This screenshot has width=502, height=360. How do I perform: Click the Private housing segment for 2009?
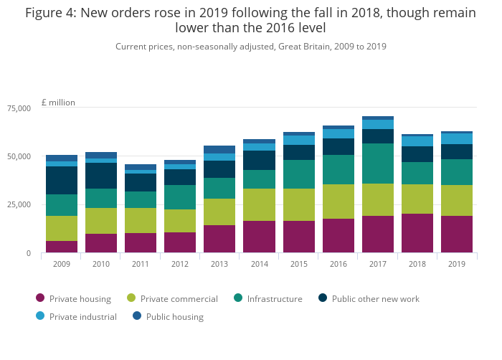click(x=62, y=247)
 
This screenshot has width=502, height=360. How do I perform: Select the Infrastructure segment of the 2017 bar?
click(x=378, y=164)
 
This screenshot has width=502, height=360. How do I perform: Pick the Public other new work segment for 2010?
click(x=101, y=176)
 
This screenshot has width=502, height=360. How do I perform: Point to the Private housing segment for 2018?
click(x=417, y=233)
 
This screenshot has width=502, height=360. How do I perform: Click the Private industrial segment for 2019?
click(x=457, y=138)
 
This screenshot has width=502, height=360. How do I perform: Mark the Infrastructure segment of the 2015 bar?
click(x=298, y=174)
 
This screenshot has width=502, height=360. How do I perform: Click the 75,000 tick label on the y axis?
click(x=19, y=108)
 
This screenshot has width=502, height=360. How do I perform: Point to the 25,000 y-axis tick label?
click(x=19, y=205)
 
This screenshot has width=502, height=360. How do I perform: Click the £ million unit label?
click(x=58, y=103)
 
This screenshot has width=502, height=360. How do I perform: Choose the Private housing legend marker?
click(x=40, y=298)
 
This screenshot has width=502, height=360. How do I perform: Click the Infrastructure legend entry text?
click(x=275, y=298)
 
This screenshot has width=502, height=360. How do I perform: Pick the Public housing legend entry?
click(x=174, y=316)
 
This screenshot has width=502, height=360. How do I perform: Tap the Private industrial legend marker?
click(x=40, y=316)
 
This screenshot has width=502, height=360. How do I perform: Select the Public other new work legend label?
click(x=375, y=298)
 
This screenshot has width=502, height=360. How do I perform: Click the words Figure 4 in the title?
click(x=52, y=13)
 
